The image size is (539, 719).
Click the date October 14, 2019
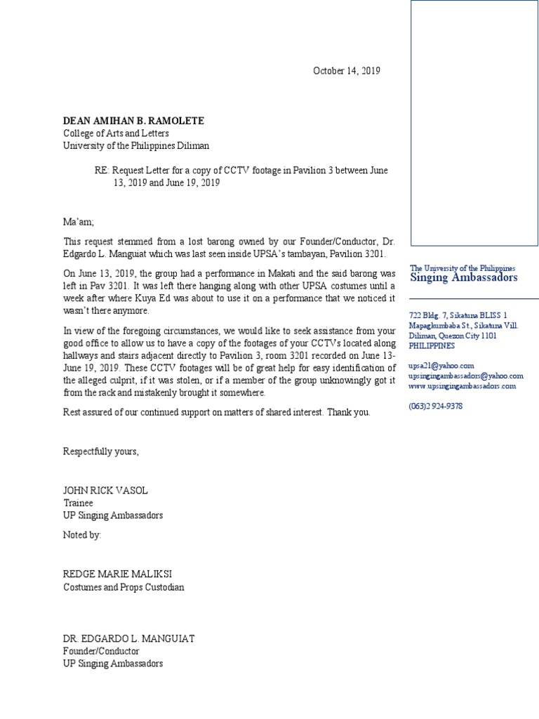click(346, 71)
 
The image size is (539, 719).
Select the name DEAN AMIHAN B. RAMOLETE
click(133, 121)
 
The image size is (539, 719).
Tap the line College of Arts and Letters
click(116, 133)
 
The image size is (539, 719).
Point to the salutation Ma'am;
click(78, 222)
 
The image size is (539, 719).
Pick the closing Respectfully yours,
click(101, 451)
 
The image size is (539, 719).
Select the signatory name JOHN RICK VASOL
click(105, 490)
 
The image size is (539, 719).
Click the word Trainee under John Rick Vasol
click(79, 503)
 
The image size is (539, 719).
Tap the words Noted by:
click(82, 535)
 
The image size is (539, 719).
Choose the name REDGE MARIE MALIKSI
click(114, 574)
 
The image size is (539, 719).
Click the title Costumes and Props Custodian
click(124, 587)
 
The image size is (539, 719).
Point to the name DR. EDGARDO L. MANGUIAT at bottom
click(128, 638)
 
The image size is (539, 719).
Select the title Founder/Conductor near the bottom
click(101, 651)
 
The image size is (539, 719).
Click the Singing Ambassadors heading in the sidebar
click(463, 277)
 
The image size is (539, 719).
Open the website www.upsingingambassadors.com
click(462, 386)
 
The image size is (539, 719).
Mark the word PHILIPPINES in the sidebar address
click(432, 345)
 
